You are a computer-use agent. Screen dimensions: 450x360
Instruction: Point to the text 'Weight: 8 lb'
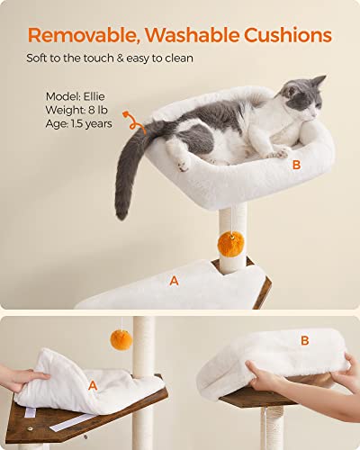pyautogui.click(x=78, y=109)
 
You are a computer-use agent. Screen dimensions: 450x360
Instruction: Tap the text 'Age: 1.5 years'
pyautogui.click(x=79, y=123)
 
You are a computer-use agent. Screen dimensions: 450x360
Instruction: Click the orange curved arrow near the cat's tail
pyautogui.click(x=137, y=121)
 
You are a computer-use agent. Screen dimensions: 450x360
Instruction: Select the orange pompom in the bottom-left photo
pyautogui.click(x=121, y=340)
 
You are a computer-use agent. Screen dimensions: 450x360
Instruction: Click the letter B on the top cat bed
pyautogui.click(x=296, y=165)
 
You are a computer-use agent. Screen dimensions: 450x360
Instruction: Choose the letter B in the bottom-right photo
pyautogui.click(x=304, y=340)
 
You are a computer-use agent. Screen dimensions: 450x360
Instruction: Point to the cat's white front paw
pyautogui.click(x=184, y=165)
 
